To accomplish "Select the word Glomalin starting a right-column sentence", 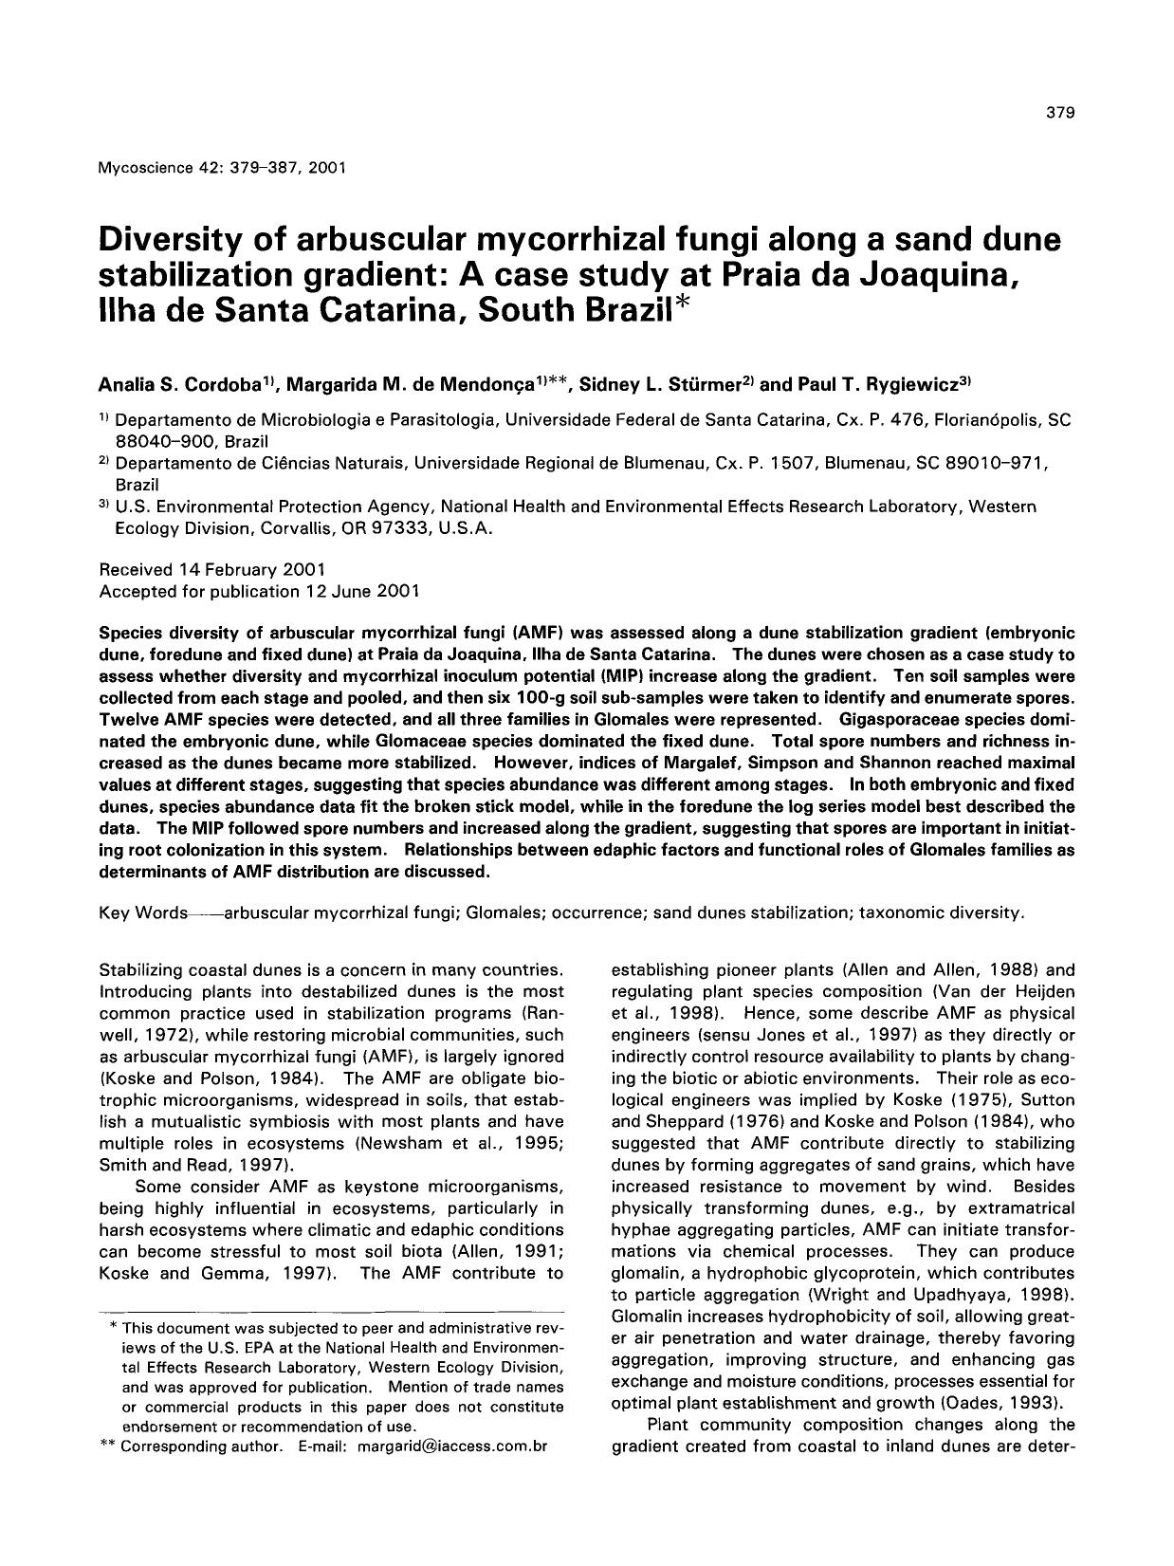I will (647, 1317).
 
